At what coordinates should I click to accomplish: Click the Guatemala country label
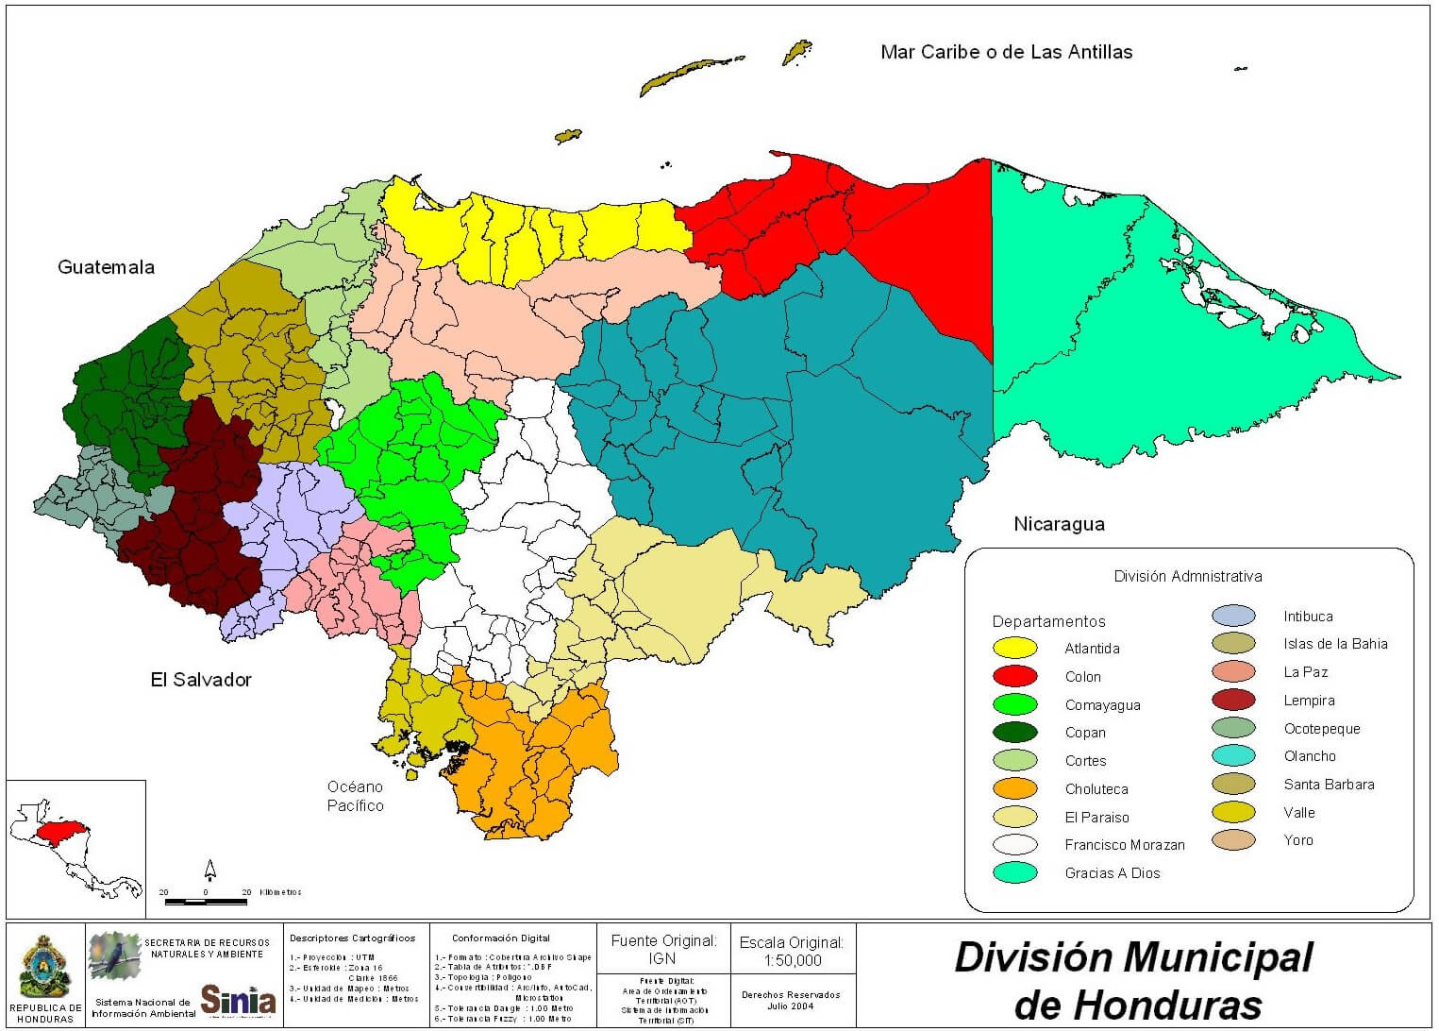click(x=106, y=267)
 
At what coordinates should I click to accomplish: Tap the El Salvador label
click(x=201, y=680)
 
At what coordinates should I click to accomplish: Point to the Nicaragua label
click(x=1059, y=524)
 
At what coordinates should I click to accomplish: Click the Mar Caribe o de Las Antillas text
click(x=1006, y=53)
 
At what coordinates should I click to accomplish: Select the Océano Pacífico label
click(x=355, y=796)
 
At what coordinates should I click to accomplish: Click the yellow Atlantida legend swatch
click(x=1014, y=649)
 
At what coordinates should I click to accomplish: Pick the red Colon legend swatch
click(x=1014, y=676)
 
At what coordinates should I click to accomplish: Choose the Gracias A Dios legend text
click(x=1113, y=873)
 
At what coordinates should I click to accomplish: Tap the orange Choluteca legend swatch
click(x=1014, y=788)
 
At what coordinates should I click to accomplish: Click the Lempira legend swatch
click(x=1233, y=701)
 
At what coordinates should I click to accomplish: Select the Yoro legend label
click(x=1297, y=840)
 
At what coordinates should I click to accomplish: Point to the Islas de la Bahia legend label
click(x=1335, y=644)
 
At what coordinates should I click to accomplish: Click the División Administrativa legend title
click(x=1187, y=576)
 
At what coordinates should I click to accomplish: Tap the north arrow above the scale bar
click(x=210, y=870)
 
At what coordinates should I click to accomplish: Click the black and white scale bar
click(x=206, y=902)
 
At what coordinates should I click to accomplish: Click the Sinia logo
click(x=238, y=998)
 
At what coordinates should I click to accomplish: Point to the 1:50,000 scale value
click(x=792, y=960)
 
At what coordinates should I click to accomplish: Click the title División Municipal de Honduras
click(x=1133, y=980)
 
